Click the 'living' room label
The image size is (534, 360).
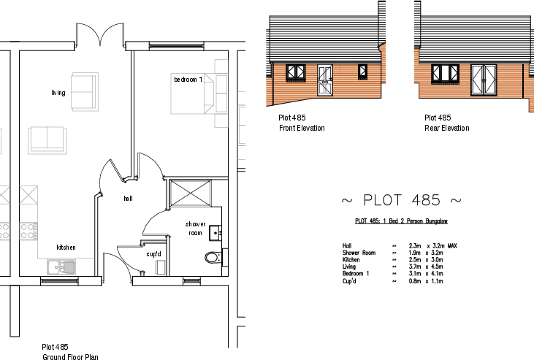point(58,93)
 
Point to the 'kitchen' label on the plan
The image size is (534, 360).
point(66,248)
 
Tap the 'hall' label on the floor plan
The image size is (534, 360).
point(127,198)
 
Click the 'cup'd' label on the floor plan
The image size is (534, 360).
point(153,254)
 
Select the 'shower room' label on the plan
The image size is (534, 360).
point(194,228)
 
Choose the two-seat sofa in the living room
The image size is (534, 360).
point(47,139)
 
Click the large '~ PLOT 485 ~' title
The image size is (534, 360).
point(401,200)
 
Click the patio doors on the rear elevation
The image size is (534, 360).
point(484,79)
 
